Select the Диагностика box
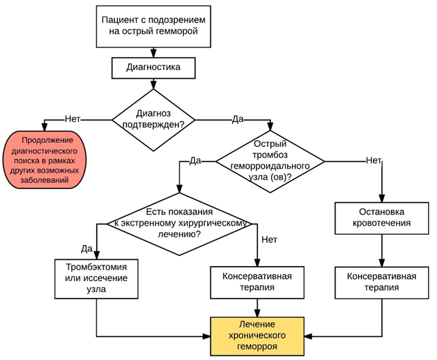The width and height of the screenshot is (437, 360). coord(153,67)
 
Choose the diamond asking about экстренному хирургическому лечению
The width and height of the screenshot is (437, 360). coord(180,223)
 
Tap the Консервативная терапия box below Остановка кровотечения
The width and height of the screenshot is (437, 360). coord(382,282)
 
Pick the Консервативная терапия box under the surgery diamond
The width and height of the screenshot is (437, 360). coord(257,282)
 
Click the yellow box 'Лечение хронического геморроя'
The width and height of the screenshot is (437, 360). coord(258,336)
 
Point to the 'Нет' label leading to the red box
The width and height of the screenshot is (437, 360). coord(74,118)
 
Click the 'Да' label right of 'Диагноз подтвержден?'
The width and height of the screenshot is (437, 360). coord(238,119)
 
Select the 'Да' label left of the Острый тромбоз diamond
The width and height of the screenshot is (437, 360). coord(195,161)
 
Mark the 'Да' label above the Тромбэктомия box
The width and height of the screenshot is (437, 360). coord(87,247)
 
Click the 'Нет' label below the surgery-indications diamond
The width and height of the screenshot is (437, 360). coord(270,240)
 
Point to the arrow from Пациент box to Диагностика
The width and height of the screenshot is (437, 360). coord(153,51)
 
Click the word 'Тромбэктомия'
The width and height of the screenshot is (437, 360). coord(96,266)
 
